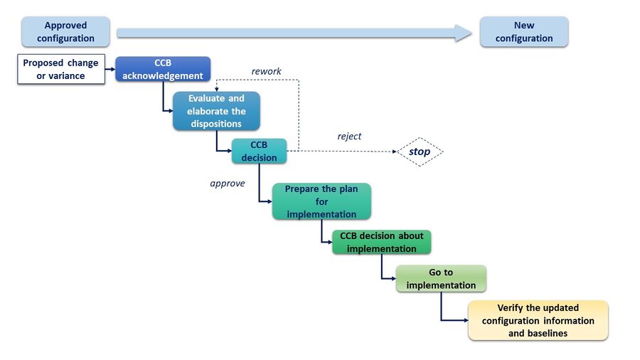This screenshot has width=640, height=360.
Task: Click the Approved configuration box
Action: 65,32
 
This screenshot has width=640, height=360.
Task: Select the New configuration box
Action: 524,32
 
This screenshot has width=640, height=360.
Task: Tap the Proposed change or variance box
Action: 61,70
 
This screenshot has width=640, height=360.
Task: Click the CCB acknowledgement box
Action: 163,69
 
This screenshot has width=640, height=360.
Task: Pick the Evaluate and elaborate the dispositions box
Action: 215,111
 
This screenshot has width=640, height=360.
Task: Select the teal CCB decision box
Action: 259,151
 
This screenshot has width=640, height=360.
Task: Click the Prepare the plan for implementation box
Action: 321,201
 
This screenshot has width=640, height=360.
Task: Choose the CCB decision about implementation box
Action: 381,242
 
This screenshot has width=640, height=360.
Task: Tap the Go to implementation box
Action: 441,278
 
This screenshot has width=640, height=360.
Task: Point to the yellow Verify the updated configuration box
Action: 538,320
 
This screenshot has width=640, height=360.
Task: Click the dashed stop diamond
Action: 420,152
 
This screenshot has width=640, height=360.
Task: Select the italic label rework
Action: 266,71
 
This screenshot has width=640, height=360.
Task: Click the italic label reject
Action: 348,136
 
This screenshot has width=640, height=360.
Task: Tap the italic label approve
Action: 228,183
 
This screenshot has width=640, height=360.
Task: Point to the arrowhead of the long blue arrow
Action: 464,32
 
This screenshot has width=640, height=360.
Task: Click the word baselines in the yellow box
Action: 538,333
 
